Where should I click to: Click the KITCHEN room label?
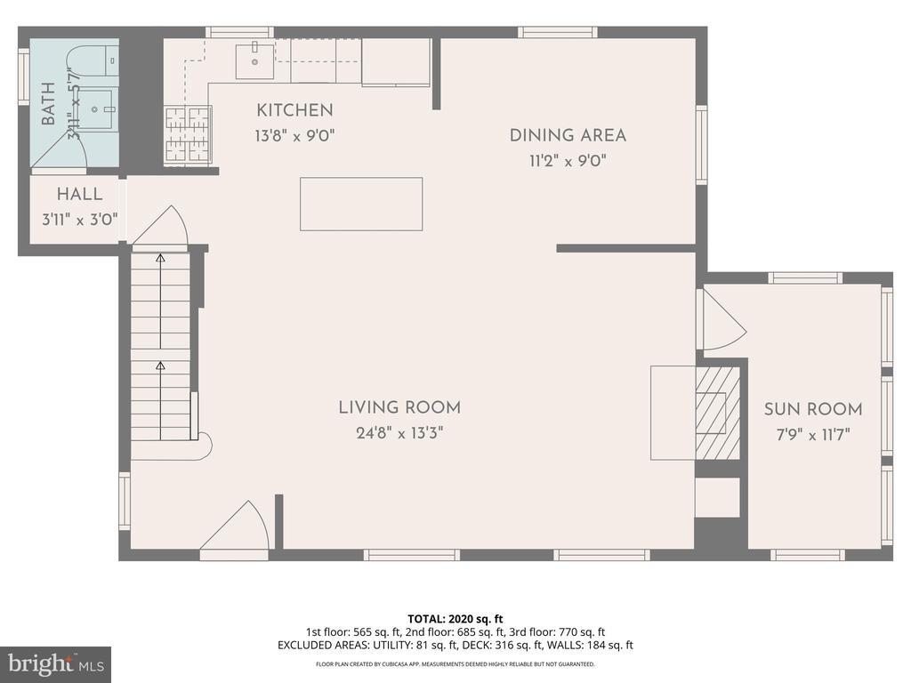tap(294, 110)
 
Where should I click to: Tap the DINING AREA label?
tap(568, 135)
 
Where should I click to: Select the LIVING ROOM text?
tap(399, 407)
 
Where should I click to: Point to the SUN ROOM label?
tap(813, 409)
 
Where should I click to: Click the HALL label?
tap(80, 194)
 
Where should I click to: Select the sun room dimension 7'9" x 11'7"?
tap(813, 435)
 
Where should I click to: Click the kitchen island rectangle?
tap(361, 204)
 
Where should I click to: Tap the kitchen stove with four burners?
tap(188, 135)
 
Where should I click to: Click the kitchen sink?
tap(254, 60)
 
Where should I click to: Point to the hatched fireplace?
tap(717, 412)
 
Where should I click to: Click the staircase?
tap(161, 347)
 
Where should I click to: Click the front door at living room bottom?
tap(233, 530)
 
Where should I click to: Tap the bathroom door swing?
tap(62, 152)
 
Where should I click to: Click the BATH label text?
tap(48, 103)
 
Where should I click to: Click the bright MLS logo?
tap(55, 663)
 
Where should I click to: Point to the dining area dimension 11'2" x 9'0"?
tap(568, 161)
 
